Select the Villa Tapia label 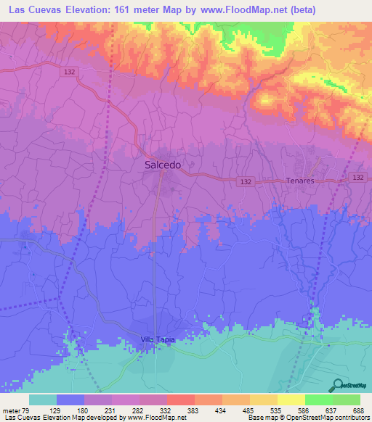158,339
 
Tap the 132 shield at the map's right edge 357,178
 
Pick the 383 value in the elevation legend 195,410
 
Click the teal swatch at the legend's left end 43,400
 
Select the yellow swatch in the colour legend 291,400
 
